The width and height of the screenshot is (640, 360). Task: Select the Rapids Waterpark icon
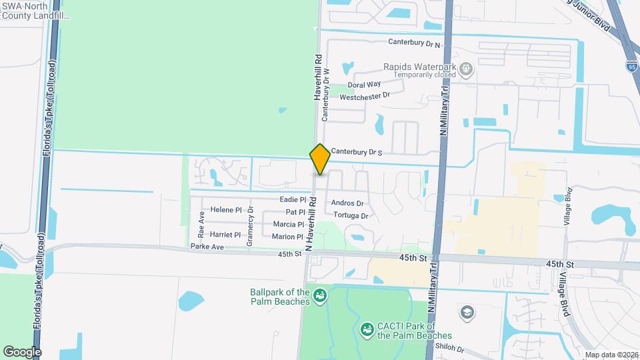[x=466, y=67]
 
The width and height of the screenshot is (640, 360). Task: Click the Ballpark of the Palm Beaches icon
[x=319, y=294]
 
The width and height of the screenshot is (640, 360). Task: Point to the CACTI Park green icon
[x=366, y=329]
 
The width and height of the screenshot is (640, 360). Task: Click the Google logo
[x=22, y=351]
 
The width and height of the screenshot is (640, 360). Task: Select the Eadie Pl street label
[x=293, y=199]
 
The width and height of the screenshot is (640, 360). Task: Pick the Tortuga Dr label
[x=351, y=216]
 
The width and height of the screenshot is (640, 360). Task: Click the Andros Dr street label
[x=347, y=203]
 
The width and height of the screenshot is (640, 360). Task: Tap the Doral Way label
[x=364, y=85]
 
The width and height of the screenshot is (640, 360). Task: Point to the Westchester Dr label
[x=364, y=97]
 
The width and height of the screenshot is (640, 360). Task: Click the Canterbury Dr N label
[x=415, y=43]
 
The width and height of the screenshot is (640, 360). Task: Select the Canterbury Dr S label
[x=357, y=153]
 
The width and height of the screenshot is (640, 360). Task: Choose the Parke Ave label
[x=205, y=247]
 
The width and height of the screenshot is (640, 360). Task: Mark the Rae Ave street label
[x=201, y=225]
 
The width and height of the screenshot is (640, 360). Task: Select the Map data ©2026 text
[x=611, y=355]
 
